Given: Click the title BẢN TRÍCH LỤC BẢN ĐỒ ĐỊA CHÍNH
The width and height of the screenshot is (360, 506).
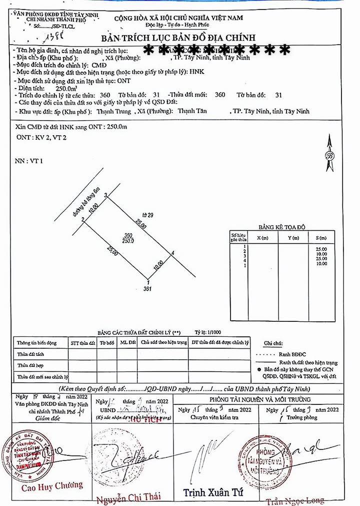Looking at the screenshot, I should tap(178, 38).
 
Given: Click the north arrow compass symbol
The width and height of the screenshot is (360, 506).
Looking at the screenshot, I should tap(329, 155).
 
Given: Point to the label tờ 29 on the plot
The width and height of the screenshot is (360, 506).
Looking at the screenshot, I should tap(146, 215).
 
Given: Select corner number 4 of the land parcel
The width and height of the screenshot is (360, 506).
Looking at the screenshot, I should tap(172, 253).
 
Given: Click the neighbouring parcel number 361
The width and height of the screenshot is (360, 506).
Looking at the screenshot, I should tap(147, 288).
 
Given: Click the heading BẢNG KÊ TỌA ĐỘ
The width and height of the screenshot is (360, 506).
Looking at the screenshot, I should tap(281, 227).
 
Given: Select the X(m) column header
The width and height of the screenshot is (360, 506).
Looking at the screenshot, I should tap(262, 238).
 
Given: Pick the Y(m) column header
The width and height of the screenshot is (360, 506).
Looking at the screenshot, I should tap(292, 238).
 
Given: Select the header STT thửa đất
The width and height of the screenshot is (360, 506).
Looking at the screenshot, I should tap(83, 343).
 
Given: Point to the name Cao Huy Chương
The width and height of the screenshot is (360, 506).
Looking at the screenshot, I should tap(51, 485).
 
